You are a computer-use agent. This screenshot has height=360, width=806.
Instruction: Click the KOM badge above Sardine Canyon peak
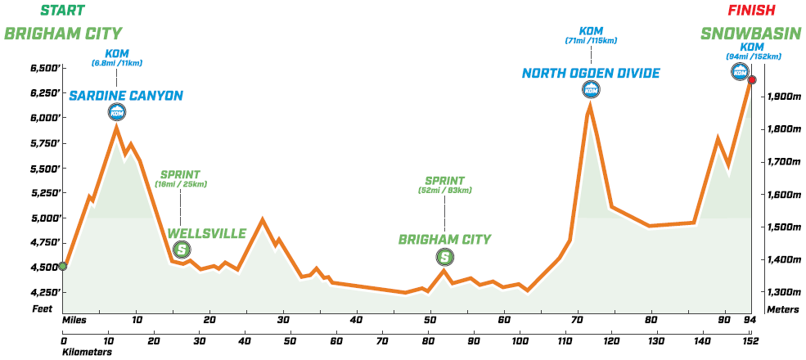[x=116, y=113]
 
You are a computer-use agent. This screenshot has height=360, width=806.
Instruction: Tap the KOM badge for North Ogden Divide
[x=591, y=90]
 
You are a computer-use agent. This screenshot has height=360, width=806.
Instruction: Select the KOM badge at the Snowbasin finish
[x=740, y=72]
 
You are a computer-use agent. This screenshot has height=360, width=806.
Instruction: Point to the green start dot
[x=63, y=266]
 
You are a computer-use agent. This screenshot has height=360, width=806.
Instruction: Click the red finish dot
[x=752, y=80]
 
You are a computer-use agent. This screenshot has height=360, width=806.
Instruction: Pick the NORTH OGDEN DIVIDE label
[x=591, y=74]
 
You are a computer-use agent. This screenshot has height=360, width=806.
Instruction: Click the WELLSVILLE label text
[x=207, y=233]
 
